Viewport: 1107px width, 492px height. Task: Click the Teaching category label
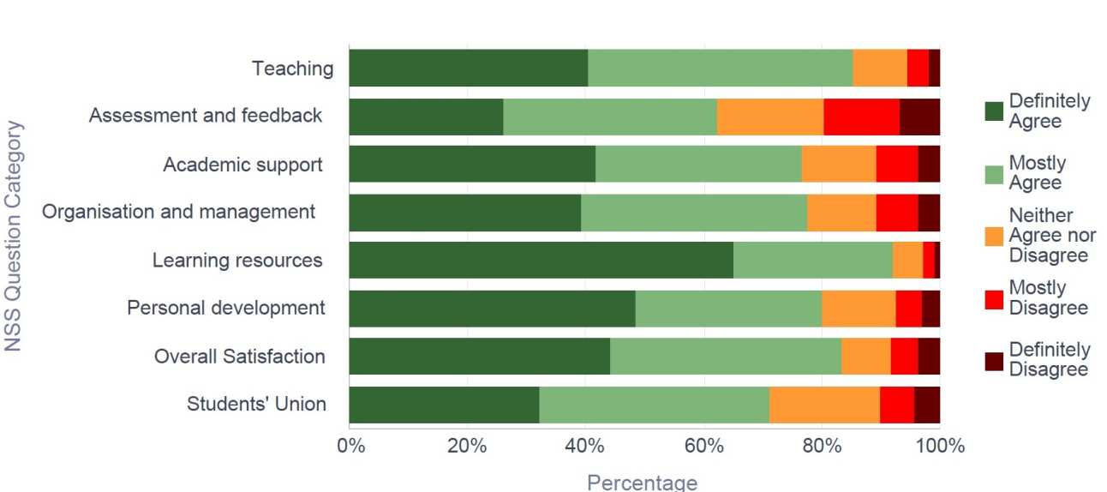292,69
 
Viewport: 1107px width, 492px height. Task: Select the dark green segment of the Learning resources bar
541,261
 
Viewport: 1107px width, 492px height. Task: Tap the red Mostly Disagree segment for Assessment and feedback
861,117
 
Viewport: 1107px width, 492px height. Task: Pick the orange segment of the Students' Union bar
823,405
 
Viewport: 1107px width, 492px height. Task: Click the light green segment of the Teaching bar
720,69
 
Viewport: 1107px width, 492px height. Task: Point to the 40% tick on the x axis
585,447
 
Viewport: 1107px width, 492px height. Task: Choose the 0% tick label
350,447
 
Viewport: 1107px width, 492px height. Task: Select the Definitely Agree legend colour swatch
994,111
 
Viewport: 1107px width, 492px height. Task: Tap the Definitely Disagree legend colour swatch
994,360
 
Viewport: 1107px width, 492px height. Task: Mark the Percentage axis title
642,482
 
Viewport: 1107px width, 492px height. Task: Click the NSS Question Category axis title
14,236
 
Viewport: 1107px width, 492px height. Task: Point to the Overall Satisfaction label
239,357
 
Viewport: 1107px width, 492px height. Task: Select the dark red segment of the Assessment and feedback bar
919,117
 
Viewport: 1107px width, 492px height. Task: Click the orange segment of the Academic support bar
838,165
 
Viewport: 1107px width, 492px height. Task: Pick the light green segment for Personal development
728,309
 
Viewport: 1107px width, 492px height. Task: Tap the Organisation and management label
179,212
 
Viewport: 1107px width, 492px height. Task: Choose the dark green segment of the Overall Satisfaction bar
479,357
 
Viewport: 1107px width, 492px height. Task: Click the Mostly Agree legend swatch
994,173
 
